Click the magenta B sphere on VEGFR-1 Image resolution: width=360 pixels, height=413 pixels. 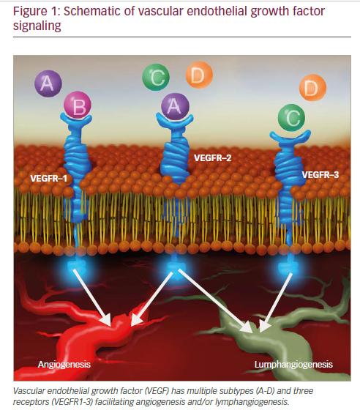pos(78,105)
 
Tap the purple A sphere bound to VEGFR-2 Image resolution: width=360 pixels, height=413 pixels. pos(175,106)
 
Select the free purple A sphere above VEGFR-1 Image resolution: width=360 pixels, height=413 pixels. pos(48,83)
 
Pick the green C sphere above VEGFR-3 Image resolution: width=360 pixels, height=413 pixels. pos(291,117)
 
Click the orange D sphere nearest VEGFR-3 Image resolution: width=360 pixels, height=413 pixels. pos(312,87)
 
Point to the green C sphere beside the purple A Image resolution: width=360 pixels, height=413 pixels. pos(156,77)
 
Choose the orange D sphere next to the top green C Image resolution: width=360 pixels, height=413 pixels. pos(199,75)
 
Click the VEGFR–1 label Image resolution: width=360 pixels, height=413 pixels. pos(49,179)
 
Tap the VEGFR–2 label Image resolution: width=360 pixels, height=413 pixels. pos(213,157)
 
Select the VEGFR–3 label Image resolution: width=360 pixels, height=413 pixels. pos(320,174)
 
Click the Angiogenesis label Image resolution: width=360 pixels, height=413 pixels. pos(64,365)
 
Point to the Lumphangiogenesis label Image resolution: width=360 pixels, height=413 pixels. pos(293,365)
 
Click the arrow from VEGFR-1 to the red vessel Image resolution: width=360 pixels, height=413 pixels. pos(92,297)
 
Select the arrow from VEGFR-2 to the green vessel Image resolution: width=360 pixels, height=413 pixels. pos(215,300)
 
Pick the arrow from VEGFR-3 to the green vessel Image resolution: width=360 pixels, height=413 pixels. pos(276,302)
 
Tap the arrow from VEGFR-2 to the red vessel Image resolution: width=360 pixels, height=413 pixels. pos(151,299)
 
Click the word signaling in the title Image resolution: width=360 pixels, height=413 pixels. pos(37,26)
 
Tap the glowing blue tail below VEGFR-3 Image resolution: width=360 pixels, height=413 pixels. pos(288,267)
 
